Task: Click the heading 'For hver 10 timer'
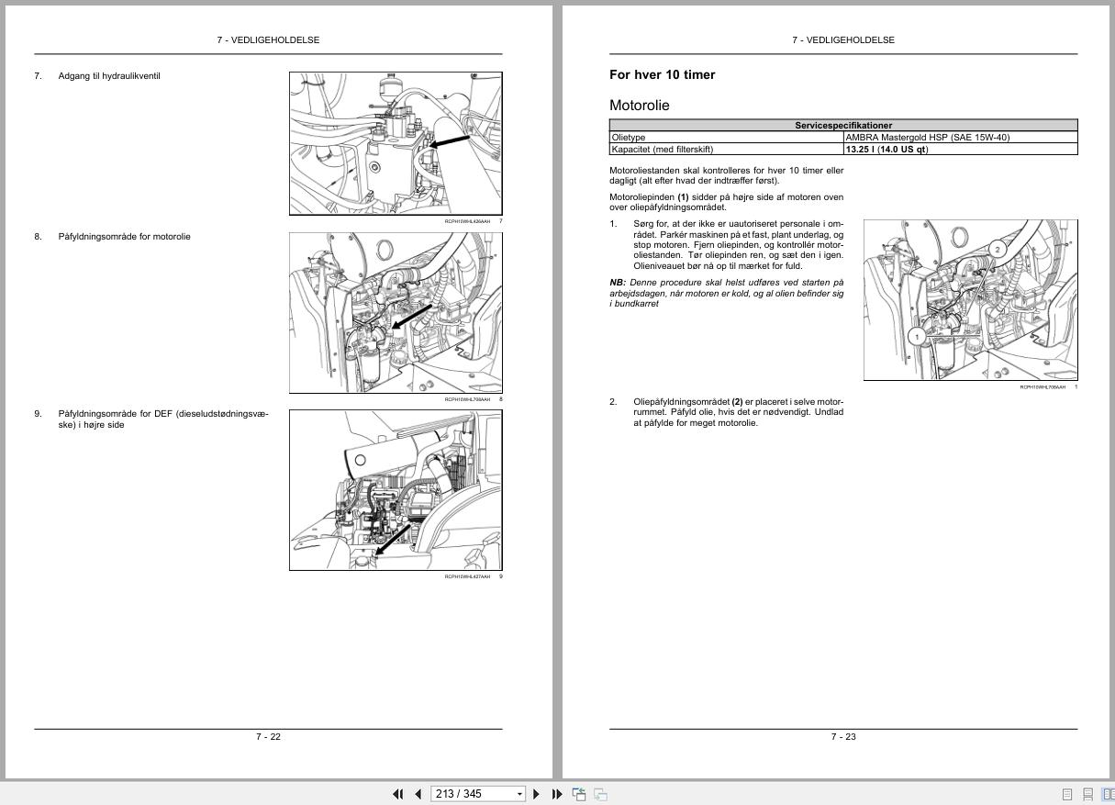[662, 75]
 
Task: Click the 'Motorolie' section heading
[640, 106]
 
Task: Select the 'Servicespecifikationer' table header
[842, 126]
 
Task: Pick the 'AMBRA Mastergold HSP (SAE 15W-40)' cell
[927, 138]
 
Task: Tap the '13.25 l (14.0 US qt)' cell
[886, 150]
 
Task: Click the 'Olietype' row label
[629, 138]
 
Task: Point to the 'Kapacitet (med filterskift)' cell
[662, 150]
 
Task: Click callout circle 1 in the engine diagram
[916, 337]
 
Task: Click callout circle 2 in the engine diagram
[998, 249]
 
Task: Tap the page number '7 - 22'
[268, 737]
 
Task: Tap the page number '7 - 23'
[843, 737]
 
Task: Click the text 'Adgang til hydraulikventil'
[109, 76]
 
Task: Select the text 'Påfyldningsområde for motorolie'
[124, 237]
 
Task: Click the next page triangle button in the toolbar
[537, 794]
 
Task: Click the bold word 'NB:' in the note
[618, 283]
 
